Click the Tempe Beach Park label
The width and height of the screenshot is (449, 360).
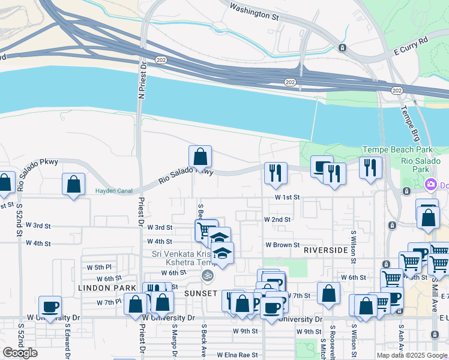click(x=388, y=149)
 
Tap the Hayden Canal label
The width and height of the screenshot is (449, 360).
click(x=112, y=191)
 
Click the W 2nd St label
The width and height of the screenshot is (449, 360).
click(x=277, y=220)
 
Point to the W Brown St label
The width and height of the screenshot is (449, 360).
click(x=283, y=245)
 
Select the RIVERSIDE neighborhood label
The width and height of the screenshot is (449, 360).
click(x=325, y=249)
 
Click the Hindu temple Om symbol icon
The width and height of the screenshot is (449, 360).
click(x=207, y=275)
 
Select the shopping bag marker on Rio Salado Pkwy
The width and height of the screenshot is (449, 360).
click(x=200, y=157)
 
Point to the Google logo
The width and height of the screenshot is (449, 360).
click(x=20, y=353)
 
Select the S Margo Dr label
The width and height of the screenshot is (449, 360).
click(x=174, y=340)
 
